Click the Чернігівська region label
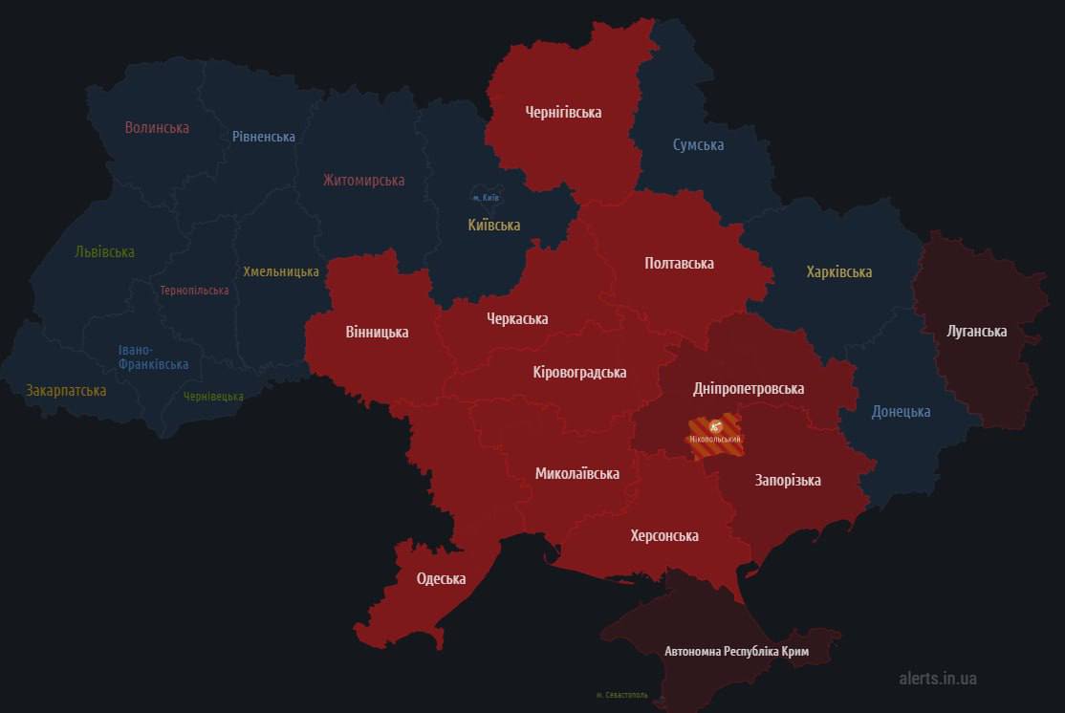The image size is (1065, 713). (563, 113)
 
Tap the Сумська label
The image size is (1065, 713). (698, 145)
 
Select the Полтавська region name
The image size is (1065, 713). (679, 263)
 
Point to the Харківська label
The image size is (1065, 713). (838, 271)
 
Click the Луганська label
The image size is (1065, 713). (976, 332)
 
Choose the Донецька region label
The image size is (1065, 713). (901, 412)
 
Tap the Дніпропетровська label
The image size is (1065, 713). (748, 389)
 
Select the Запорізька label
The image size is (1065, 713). (787, 480)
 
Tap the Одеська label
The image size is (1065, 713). (441, 578)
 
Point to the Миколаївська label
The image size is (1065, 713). (576, 473)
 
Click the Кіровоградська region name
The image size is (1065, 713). (579, 372)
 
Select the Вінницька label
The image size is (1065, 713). (377, 333)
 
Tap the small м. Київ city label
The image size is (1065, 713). (487, 198)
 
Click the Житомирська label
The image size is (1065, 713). (363, 180)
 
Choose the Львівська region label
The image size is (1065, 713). (104, 252)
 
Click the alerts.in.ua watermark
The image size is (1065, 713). (937, 679)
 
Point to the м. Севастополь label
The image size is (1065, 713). (621, 695)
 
